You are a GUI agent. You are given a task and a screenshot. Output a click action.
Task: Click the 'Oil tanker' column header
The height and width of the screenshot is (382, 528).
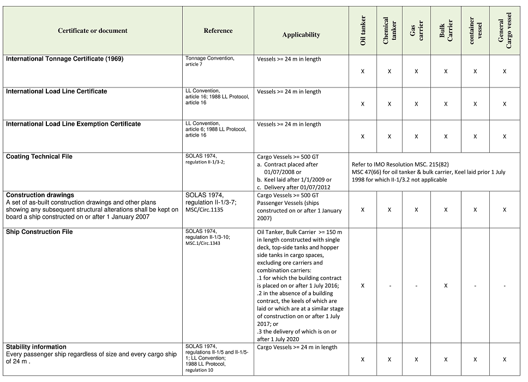click(363, 31)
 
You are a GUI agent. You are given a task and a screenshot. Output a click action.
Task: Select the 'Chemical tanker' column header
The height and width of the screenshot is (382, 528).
click(389, 31)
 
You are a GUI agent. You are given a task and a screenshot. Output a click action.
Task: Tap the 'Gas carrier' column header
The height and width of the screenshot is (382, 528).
click(416, 31)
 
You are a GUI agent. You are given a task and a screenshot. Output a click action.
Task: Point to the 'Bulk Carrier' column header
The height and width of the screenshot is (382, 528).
click(446, 31)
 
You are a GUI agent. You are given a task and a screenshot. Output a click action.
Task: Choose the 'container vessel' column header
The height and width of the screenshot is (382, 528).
click(475, 31)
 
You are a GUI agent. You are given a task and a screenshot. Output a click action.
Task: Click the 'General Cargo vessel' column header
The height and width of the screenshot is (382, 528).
click(505, 32)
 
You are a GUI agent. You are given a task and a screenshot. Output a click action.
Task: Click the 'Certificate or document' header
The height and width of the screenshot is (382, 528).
click(93, 31)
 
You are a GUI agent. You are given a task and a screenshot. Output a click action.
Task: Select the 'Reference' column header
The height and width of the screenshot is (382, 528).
click(218, 31)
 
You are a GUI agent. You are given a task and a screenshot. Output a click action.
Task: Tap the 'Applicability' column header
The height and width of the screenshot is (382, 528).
click(301, 35)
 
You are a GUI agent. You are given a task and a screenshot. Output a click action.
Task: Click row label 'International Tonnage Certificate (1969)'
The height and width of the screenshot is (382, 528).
click(64, 59)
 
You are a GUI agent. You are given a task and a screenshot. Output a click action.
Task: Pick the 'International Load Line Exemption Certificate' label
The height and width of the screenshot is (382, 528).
click(73, 124)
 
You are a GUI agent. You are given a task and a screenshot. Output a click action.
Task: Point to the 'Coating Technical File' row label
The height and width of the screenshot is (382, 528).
click(39, 157)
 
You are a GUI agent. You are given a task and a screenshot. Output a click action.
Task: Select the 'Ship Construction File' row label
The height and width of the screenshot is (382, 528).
click(39, 232)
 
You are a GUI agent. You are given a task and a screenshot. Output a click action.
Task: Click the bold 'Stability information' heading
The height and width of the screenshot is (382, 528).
click(36, 347)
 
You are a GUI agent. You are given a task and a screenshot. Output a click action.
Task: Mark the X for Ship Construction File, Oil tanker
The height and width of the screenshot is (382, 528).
click(363, 286)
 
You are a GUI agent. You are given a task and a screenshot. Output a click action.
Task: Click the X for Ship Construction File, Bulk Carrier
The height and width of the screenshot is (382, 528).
click(446, 286)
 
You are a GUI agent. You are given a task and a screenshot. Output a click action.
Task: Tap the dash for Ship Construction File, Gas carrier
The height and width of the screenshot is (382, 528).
click(416, 286)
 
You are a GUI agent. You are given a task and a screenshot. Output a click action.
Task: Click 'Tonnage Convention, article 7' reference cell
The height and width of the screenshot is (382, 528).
click(209, 61)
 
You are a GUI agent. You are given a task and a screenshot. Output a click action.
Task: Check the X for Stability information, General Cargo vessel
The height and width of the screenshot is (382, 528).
click(505, 359)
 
